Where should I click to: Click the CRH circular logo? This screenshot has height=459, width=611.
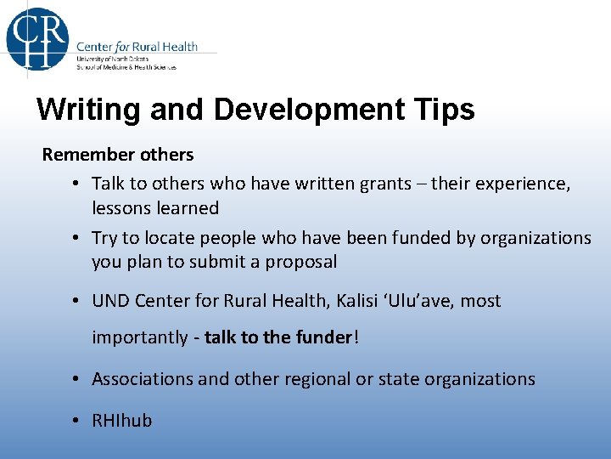[x=37, y=38]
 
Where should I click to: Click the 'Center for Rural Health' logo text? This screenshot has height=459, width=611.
[x=137, y=47]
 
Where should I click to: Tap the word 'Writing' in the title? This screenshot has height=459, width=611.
[x=87, y=110]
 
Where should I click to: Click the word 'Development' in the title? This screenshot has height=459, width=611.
[x=304, y=110]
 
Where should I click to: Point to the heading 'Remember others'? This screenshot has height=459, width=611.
[x=118, y=155]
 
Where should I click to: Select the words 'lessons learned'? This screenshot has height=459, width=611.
[x=155, y=208]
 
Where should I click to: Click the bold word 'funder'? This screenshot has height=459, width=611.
[x=323, y=337]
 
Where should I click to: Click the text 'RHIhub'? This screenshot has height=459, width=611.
[x=122, y=421]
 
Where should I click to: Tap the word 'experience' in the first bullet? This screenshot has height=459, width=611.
[x=524, y=184]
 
